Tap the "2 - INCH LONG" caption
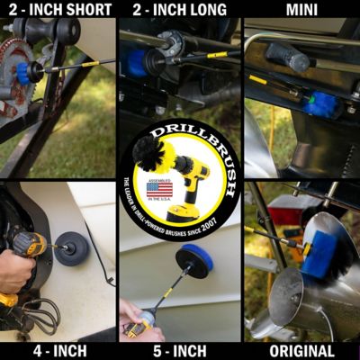179,9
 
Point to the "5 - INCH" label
179,350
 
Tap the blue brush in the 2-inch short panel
23,72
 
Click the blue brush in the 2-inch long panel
136,62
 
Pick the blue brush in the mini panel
319,103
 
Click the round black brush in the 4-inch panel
71,248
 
